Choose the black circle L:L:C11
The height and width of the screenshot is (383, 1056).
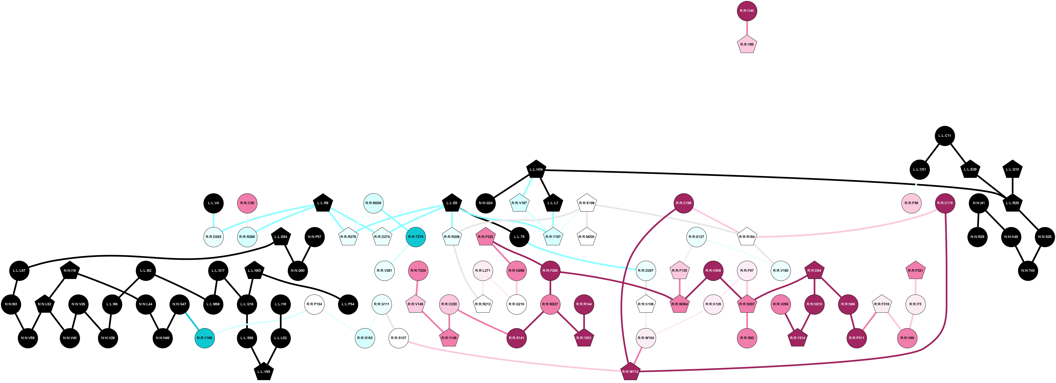point(945,136)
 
